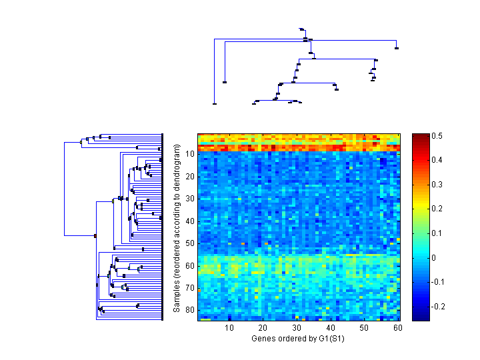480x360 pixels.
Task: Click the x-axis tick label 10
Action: (229, 328)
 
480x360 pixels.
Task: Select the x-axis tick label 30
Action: (296, 328)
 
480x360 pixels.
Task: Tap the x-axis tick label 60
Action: (397, 328)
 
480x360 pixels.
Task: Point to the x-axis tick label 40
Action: (329, 328)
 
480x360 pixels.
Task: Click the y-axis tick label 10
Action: (190, 154)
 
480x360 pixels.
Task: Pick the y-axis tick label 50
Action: (190, 244)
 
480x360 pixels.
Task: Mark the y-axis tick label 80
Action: (190, 311)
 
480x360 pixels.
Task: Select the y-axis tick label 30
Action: (190, 199)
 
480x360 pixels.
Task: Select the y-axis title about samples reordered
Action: (177, 227)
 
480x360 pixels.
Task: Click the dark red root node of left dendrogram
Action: (95, 235)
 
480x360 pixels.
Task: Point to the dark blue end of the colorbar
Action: (420, 317)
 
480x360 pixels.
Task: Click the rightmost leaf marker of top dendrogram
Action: (397, 48)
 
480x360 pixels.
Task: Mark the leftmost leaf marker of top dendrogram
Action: (214, 103)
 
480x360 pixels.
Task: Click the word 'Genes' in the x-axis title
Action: (263, 338)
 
